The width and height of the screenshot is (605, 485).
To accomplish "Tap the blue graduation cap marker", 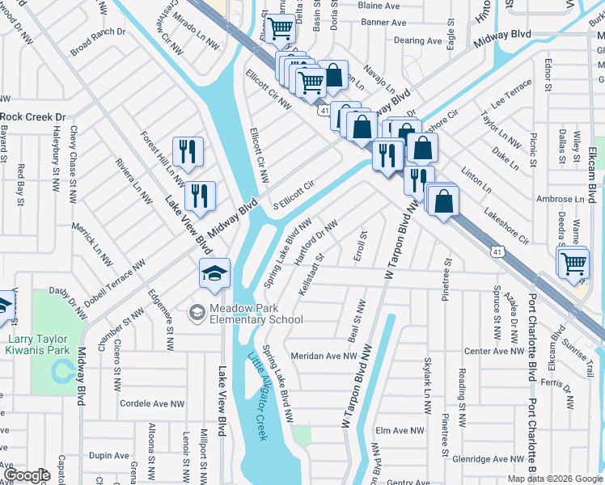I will tap(216, 275).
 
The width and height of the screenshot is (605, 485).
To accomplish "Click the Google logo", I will tap(27, 475).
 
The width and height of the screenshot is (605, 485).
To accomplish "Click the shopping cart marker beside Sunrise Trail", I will tap(573, 263).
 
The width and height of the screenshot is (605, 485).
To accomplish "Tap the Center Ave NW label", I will tap(493, 351).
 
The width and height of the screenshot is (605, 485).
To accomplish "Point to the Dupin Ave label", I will tap(109, 456).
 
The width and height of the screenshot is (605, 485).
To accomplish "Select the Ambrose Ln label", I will tap(560, 199).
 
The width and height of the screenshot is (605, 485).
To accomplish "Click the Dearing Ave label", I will tap(418, 40).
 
